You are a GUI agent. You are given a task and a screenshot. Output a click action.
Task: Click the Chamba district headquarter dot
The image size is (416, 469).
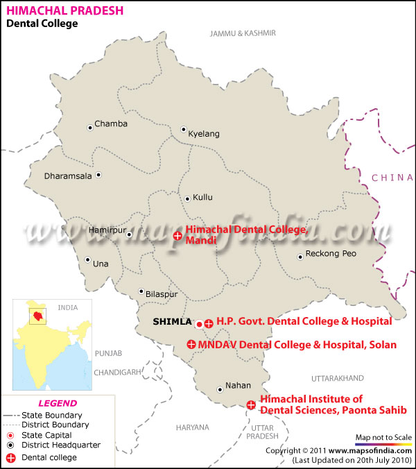click(89, 127)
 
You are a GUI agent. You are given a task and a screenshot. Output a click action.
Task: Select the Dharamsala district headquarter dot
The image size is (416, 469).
click(98, 176)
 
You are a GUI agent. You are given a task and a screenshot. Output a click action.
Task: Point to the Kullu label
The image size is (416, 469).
click(202, 198)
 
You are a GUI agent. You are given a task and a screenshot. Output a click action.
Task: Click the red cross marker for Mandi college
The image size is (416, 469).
click(177, 237)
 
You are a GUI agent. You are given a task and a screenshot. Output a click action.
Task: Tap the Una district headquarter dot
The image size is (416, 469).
click(87, 261)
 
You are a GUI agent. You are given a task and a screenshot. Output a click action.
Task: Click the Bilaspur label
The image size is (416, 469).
click(162, 294)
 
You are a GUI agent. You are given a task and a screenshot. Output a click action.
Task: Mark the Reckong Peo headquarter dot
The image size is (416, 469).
click(300, 257)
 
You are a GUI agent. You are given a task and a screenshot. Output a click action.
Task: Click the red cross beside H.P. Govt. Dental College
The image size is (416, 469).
click(209, 323)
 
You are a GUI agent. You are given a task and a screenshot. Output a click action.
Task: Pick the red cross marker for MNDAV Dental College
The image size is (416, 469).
click(191, 344)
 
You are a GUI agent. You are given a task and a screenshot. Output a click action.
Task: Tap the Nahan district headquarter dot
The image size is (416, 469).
click(220, 389)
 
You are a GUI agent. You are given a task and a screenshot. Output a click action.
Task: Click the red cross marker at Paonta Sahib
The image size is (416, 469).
click(251, 405)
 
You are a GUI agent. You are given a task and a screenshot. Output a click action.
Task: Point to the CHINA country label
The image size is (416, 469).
click(392, 178)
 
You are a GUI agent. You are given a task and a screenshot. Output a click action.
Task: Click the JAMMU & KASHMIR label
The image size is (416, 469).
click(243, 33)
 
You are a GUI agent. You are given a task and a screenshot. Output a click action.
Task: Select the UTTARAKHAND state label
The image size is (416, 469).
click(338, 378)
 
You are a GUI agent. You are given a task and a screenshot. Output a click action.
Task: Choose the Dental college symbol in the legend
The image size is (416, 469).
click(10, 457)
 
